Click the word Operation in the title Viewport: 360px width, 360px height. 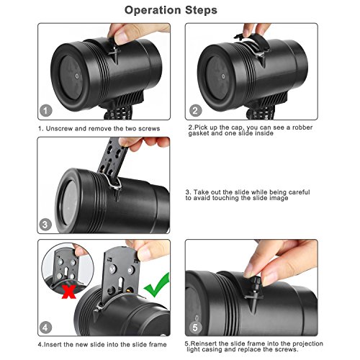pyautogui.click(x=153, y=11)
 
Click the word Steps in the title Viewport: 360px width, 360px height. pyautogui.click(x=201, y=11)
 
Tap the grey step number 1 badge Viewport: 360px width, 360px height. pyautogui.click(x=45, y=111)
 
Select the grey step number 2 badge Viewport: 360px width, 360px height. pyautogui.click(x=195, y=111)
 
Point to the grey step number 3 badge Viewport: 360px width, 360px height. pyautogui.click(x=45, y=225)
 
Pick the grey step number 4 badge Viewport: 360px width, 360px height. pyautogui.click(x=45, y=328)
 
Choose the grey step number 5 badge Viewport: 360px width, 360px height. pyautogui.click(x=195, y=327)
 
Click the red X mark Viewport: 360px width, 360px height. pyautogui.click(x=69, y=292)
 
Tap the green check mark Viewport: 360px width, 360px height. pyautogui.click(x=157, y=285)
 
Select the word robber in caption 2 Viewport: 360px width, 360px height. pyautogui.click(x=302, y=127)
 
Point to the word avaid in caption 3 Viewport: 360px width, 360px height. pyautogui.click(x=202, y=198)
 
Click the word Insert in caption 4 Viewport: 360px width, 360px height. pyautogui.click(x=53, y=345)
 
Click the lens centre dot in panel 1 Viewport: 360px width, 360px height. pyautogui.click(x=77, y=76)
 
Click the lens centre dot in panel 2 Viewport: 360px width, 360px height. pyautogui.click(x=223, y=76)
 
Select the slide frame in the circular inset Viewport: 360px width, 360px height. pyautogui.click(x=66, y=264)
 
